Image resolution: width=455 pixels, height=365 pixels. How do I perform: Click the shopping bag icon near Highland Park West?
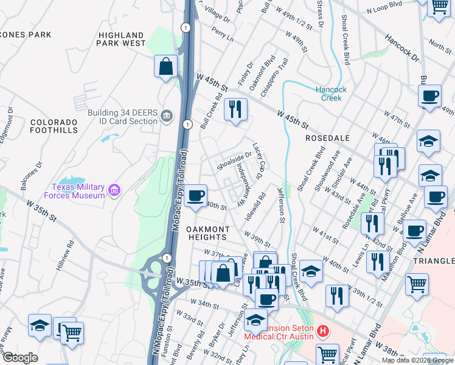(x=166, y=67)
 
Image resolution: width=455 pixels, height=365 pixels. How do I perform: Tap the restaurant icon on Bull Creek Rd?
(x=235, y=109)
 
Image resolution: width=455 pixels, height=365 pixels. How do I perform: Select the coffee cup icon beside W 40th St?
(x=196, y=196)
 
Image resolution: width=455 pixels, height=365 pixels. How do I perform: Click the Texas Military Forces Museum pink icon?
(x=113, y=192)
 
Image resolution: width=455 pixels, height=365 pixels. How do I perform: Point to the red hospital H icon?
(x=323, y=332)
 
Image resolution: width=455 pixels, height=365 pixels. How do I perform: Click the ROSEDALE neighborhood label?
(x=327, y=138)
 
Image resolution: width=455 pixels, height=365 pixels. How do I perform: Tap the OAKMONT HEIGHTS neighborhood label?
(x=208, y=233)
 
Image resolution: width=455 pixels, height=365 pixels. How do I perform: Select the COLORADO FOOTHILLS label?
(x=55, y=126)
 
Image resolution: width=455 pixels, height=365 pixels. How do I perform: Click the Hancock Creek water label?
(x=332, y=94)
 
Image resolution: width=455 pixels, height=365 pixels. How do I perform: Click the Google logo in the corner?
(x=19, y=358)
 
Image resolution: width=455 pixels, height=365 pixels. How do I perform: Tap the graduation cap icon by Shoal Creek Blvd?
(x=311, y=271)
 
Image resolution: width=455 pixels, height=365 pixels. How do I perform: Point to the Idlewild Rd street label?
(x=255, y=206)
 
